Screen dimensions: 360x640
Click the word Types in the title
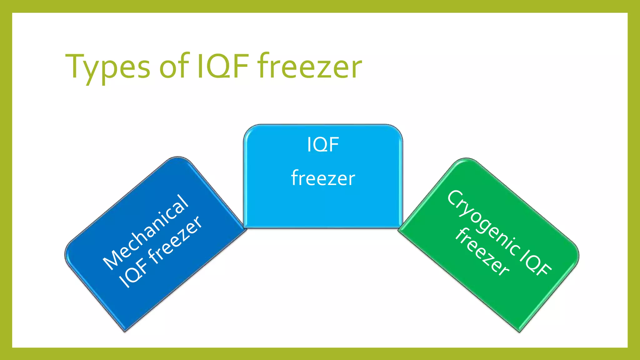108,67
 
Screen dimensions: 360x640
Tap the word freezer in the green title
309,66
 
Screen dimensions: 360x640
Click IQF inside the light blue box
323,145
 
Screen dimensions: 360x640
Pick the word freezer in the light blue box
323,178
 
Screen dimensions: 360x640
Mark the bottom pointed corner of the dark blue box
125,331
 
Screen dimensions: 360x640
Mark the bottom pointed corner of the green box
519,332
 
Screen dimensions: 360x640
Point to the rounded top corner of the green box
466,159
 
